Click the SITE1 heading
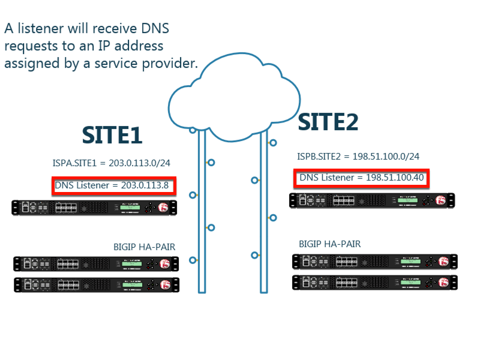[112, 135]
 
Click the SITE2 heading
[328, 122]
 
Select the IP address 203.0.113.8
[145, 185]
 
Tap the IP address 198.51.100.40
[395, 178]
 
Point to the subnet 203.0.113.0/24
[139, 163]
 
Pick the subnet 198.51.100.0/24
[386, 157]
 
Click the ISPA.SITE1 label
[74, 163]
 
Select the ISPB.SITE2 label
[319, 157]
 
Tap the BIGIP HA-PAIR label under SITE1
[144, 247]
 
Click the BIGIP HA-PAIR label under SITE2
[329, 244]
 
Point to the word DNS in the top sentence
[155, 28]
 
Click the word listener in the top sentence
[41, 28]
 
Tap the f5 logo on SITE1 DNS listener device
[163, 208]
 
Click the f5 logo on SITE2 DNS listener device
[441, 200]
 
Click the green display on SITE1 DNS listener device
[130, 208]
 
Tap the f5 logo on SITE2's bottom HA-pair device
[443, 282]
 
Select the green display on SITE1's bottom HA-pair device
[132, 284]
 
